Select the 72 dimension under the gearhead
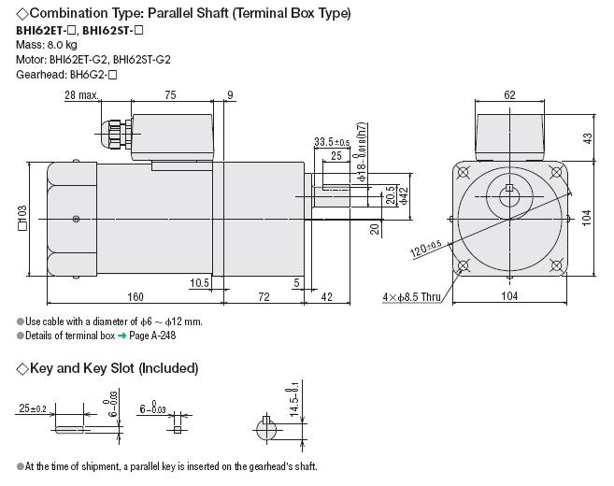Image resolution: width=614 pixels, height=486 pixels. click(264, 298)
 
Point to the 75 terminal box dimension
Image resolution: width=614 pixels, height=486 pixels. click(171, 95)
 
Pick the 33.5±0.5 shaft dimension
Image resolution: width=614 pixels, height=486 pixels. click(332, 142)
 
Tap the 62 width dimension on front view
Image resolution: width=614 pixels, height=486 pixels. click(508, 95)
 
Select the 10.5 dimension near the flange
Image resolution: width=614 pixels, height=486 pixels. click(198, 282)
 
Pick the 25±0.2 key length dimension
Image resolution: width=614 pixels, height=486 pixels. click(33, 407)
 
